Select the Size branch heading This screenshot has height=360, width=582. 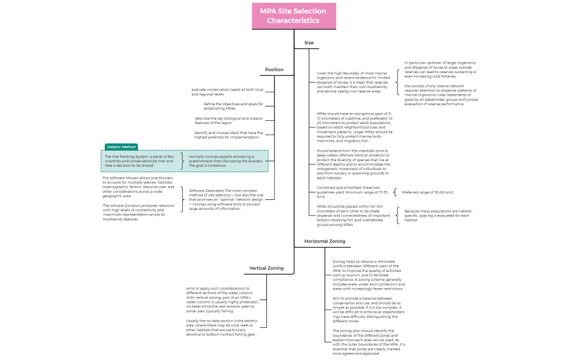[x=309, y=43]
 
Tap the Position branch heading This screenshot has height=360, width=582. [x=274, y=70]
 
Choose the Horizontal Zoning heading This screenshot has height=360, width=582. [x=324, y=241]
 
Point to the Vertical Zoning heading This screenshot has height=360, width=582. [x=266, y=268]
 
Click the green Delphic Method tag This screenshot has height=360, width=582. [x=121, y=147]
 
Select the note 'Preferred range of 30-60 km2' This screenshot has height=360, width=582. [x=427, y=192]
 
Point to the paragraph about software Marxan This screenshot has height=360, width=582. [x=138, y=187]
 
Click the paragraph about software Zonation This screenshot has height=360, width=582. [x=139, y=212]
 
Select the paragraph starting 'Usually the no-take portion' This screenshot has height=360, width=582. [x=222, y=327]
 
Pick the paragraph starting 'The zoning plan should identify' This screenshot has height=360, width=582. [x=368, y=342]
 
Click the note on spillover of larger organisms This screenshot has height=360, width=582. [x=440, y=69]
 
